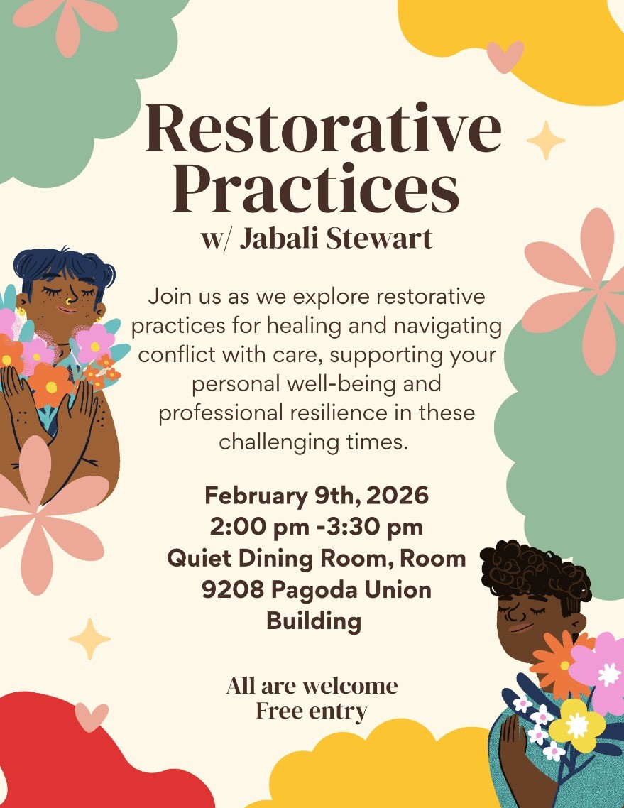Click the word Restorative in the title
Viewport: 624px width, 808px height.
tap(323, 127)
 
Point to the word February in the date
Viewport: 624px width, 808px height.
tap(256, 496)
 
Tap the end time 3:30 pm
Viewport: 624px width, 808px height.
tap(374, 528)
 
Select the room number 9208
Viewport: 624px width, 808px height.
tap(231, 589)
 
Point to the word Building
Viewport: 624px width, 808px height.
tap(314, 621)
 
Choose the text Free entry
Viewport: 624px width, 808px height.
tap(312, 711)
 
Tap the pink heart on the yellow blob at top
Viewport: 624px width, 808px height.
tap(505, 57)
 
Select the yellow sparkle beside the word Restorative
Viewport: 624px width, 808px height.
tap(546, 140)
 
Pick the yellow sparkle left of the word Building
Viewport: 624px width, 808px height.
tap(89, 639)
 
